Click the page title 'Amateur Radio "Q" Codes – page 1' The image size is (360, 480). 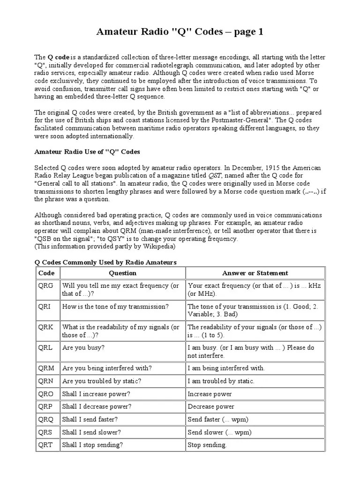coord(180,32)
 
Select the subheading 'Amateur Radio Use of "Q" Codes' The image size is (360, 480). coord(88,152)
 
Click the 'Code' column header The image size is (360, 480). coord(46,273)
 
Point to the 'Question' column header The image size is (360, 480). coord(122,273)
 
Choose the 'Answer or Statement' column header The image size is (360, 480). coord(255,273)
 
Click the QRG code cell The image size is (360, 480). coord(46,285)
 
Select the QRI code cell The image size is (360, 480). coord(45,307)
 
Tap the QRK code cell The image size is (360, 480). coord(46,327)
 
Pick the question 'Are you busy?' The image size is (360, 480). coord(83,348)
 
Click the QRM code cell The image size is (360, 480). coord(46,368)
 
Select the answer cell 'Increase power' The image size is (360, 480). coord(210,394)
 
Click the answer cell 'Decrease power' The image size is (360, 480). coord(211,406)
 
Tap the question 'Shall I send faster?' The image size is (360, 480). coord(90,419)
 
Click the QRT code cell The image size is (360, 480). coord(46,444)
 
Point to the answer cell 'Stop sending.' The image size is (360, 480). coord(207,444)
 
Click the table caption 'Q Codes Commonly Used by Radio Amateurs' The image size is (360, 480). coord(106,262)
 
